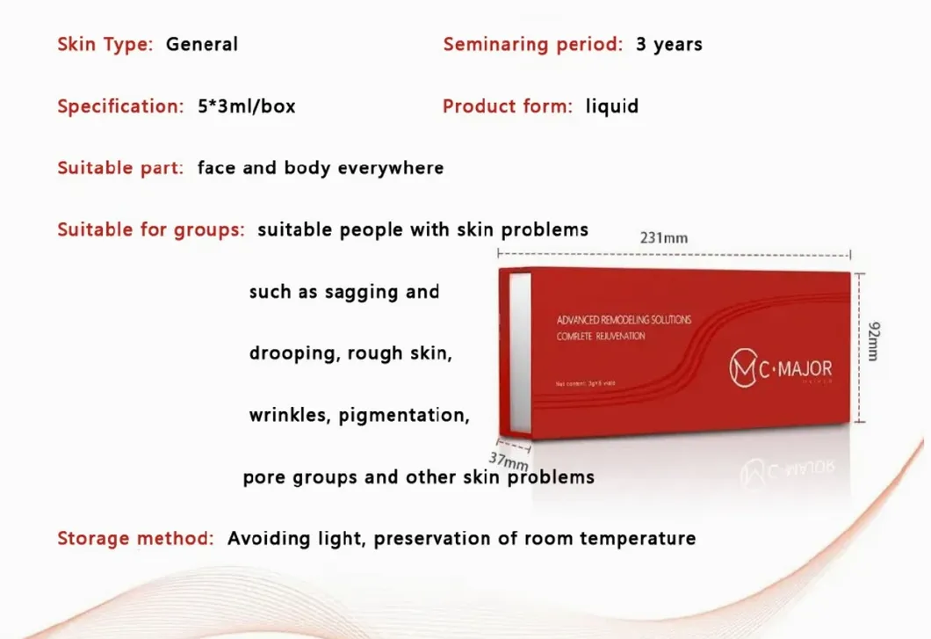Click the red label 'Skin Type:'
pos(105,44)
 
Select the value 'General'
pos(202,44)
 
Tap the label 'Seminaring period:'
pos(533,44)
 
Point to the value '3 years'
pos(669,44)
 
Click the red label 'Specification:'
pos(120,106)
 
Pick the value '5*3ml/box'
pos(247,106)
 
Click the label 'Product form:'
pos(508,106)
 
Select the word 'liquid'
pos(612,106)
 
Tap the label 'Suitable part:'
pos(120,168)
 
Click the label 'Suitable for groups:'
pos(151,230)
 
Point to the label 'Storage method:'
pos(135,538)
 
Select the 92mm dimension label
pos(872,340)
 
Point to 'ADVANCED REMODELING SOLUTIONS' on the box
pos(624,320)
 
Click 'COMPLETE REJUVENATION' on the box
pos(601,337)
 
